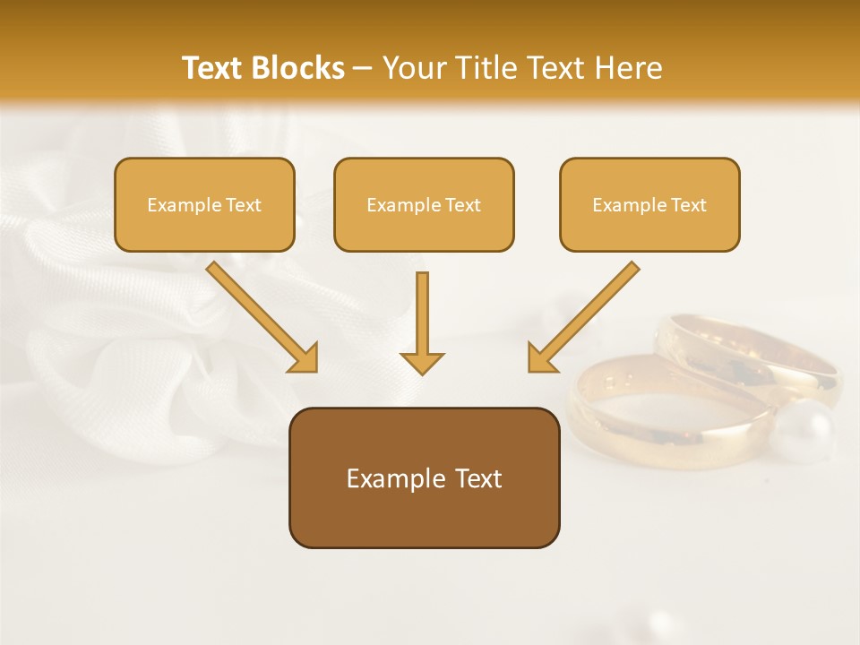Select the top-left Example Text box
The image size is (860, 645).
[204, 204]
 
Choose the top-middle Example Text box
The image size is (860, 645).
[424, 204]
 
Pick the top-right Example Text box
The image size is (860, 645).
[649, 204]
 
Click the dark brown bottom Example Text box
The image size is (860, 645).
[424, 478]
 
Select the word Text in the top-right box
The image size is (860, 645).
[688, 204]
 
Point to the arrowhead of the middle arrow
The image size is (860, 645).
[422, 362]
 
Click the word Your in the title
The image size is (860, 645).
[413, 68]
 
